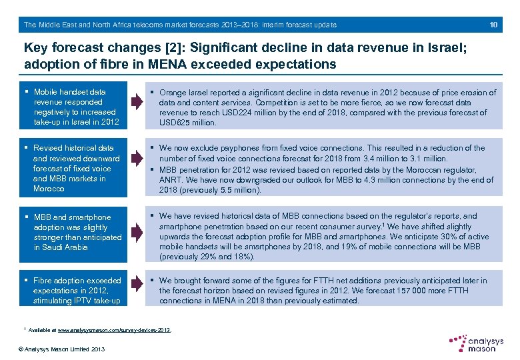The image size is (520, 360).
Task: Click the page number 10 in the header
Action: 493,25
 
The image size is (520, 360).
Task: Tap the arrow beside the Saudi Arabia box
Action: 137,227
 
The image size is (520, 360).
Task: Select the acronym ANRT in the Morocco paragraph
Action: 171,179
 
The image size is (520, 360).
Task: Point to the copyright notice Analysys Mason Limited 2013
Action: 61,349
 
